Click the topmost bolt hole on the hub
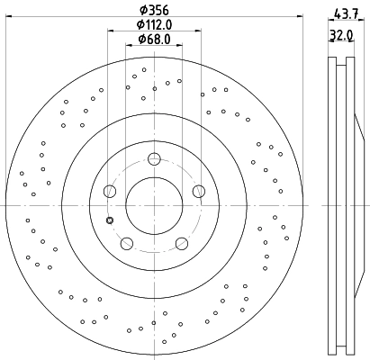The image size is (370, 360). [153, 159]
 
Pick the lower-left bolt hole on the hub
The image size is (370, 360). [126, 242]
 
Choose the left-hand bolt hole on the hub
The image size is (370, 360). [110, 190]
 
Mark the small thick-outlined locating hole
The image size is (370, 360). [110, 220]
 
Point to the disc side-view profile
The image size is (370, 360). [343, 205]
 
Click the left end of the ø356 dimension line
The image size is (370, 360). [6, 20]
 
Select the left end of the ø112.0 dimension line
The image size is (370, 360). [107, 33]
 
